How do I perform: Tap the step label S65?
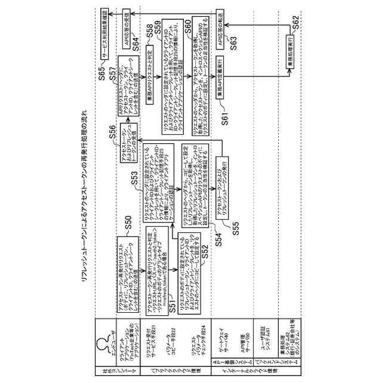tap(104, 73)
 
